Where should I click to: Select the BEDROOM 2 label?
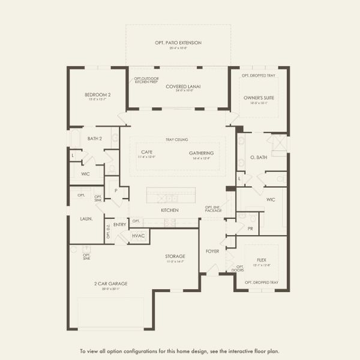point(97,95)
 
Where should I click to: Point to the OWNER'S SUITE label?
point(258,97)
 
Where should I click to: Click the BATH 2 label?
point(96,139)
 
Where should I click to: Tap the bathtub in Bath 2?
point(75,139)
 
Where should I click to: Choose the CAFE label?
point(147,152)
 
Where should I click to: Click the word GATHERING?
point(201,152)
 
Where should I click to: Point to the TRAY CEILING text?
point(178,140)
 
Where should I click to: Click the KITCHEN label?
point(170,210)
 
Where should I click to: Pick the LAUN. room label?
point(86,219)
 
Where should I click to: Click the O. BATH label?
point(258,157)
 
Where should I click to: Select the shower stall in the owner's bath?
point(278,145)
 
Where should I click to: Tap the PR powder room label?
point(250,228)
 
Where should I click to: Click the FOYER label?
point(212,251)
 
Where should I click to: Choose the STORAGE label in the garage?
point(175,256)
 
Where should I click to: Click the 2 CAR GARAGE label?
point(110,284)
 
